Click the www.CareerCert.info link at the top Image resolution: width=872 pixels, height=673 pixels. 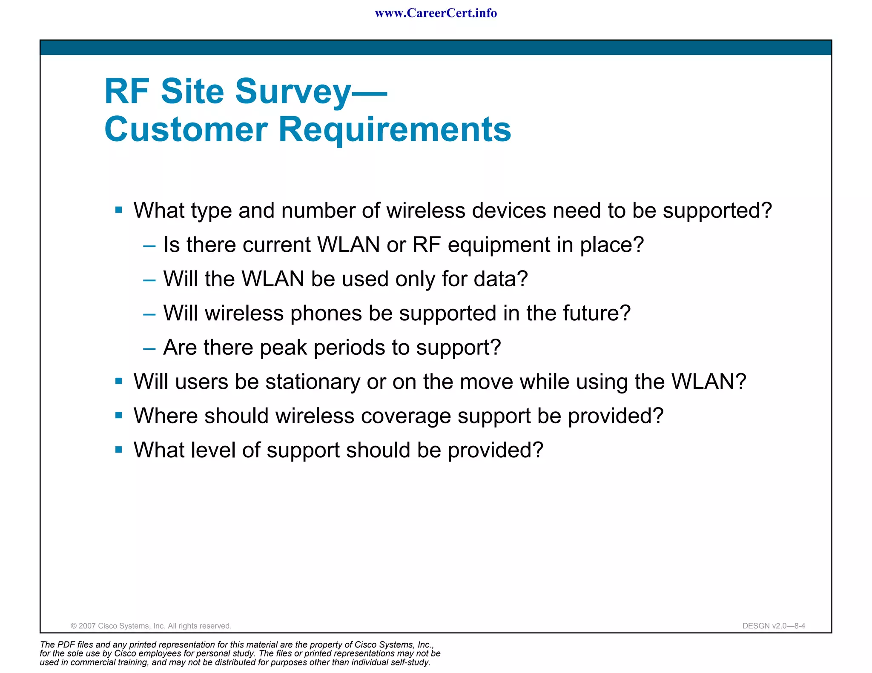pos(436,13)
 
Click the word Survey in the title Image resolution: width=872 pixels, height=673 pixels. pos(293,91)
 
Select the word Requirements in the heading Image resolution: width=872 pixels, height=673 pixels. pos(395,129)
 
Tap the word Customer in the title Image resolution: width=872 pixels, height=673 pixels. pos(186,129)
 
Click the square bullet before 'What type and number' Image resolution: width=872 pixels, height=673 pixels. pos(119,210)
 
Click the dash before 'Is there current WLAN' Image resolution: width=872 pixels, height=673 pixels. pos(149,246)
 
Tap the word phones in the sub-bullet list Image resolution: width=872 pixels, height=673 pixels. pos(326,314)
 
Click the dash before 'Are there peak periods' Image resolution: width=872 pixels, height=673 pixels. pos(149,349)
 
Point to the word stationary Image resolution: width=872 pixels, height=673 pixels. pos(313,382)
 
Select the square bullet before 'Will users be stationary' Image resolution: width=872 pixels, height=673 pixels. pos(119,381)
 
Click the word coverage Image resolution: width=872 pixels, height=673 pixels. pos(406,416)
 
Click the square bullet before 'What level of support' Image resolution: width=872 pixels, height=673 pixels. pos(119,449)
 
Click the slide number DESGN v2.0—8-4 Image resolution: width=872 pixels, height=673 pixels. pos(774,626)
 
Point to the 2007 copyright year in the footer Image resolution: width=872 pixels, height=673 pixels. pos(87,626)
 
